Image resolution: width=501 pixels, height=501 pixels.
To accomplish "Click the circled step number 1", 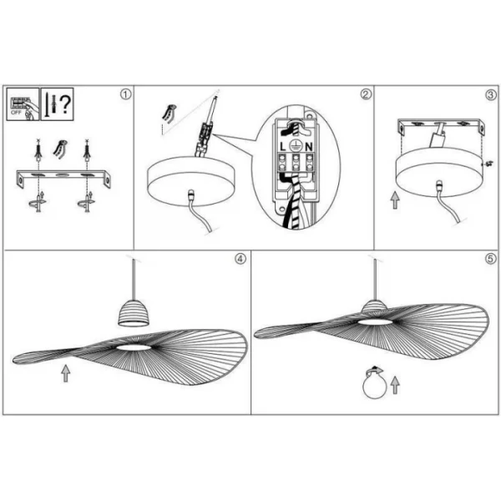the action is [126, 94].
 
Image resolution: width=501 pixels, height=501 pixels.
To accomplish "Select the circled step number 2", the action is [367, 94].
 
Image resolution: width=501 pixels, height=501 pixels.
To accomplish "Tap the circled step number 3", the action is [491, 94].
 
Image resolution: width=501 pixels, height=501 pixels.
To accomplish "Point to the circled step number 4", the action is [240, 259].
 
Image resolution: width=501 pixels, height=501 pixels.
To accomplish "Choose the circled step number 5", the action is [491, 259].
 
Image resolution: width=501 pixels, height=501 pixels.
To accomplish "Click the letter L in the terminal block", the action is [283, 147].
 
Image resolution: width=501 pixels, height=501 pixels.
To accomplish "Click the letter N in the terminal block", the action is [309, 147].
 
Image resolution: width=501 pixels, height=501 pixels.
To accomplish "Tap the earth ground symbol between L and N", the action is [296, 146].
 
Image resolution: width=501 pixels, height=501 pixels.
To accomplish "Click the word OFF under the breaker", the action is [16, 113].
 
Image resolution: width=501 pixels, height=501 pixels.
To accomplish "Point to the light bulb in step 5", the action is [375, 387].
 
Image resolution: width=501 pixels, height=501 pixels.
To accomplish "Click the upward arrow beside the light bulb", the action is [396, 385].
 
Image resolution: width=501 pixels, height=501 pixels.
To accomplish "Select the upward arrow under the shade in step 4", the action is [66, 373].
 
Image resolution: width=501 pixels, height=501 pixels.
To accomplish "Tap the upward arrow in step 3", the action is [396, 200].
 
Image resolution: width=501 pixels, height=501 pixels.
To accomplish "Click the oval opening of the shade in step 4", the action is [134, 347].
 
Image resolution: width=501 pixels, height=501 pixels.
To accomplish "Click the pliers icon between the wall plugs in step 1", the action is [61, 149].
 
